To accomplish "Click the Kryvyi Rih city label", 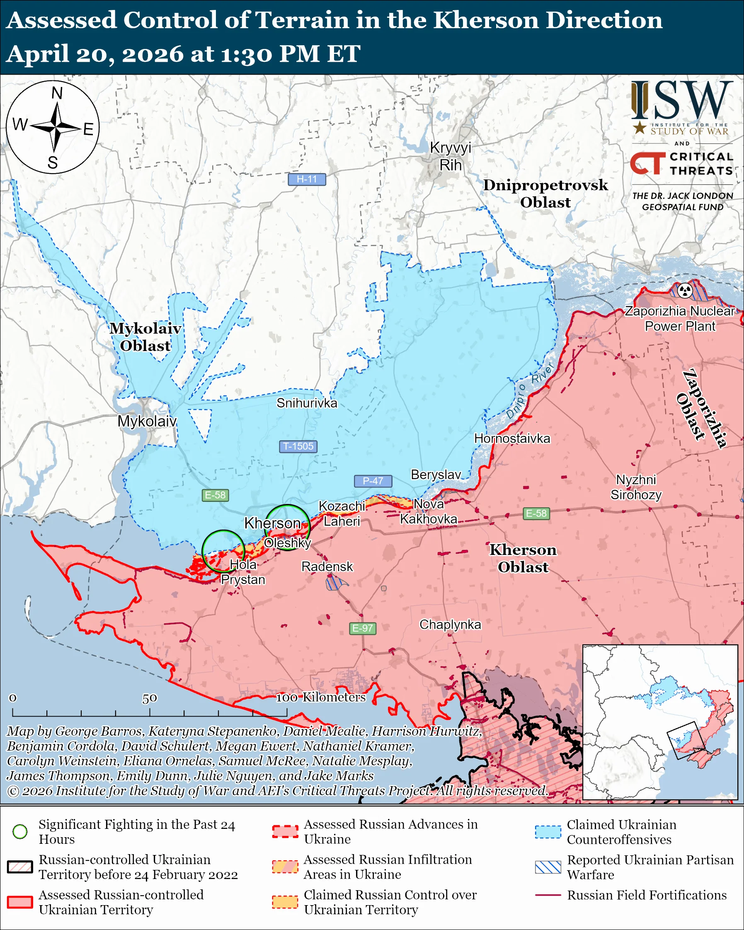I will (450, 156).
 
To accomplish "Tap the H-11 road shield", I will (307, 179).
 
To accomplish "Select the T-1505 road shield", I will (298, 446).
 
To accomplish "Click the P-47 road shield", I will (373, 480).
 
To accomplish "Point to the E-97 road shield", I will (362, 628).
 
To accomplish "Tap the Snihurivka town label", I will (307, 403).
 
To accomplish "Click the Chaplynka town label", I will (450, 624).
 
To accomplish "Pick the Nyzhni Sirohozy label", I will (636, 487).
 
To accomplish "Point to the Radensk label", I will (327, 567).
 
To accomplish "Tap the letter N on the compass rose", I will (57, 93).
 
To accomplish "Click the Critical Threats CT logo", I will (647, 163).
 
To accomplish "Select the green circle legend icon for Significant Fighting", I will (20, 831).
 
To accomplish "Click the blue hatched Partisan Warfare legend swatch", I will (548, 867).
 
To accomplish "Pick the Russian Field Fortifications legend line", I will (548, 895).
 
